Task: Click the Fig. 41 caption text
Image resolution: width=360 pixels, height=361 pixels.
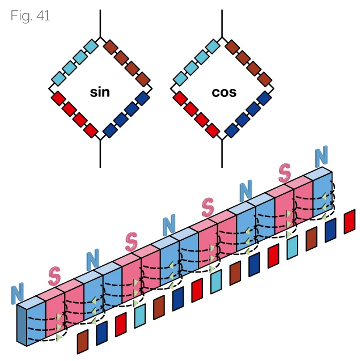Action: (30, 16)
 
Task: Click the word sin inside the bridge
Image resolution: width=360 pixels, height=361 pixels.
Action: (100, 92)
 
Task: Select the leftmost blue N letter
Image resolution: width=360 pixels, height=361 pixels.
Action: (18, 294)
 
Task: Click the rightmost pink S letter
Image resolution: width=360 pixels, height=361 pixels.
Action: (285, 172)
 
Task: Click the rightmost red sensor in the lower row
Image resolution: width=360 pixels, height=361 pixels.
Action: (349, 221)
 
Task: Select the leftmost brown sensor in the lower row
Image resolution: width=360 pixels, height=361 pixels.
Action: (83, 342)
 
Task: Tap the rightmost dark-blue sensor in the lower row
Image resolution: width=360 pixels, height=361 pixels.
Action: (330, 230)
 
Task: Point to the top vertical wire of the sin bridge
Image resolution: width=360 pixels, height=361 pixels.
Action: (100, 23)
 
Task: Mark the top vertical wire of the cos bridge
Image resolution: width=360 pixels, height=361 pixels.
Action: (221, 23)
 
